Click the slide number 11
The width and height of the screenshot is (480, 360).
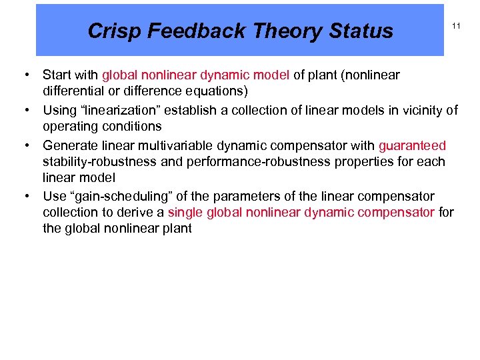click(457, 26)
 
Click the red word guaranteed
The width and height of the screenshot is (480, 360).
click(412, 146)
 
